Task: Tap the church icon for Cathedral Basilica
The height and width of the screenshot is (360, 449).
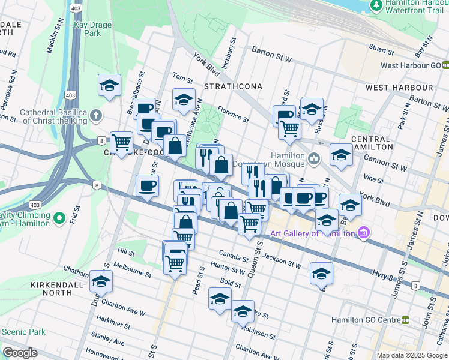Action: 96,114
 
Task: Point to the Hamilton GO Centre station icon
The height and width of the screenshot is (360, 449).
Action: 406,320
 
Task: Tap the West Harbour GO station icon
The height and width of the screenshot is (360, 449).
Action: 445,65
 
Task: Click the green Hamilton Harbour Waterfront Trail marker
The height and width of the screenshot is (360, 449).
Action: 376,5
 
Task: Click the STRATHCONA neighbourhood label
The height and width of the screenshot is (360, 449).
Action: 233,86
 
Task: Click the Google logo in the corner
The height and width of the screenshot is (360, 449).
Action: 20,352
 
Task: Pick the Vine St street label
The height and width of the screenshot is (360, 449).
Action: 373,179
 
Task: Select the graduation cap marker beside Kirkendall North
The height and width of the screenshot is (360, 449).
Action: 101,280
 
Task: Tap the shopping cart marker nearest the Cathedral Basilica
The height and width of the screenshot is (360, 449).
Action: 121,142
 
